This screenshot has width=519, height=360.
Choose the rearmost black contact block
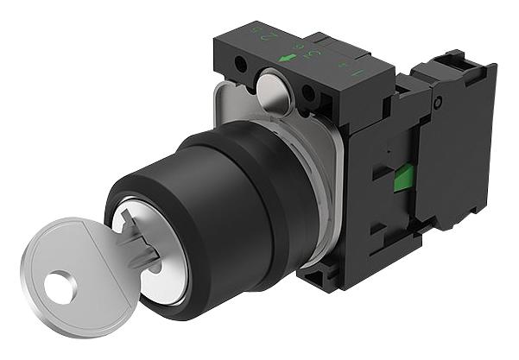click(x=462, y=147)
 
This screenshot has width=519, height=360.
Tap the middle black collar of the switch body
click(x=259, y=190)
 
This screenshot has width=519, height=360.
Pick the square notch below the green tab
click(x=379, y=226)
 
